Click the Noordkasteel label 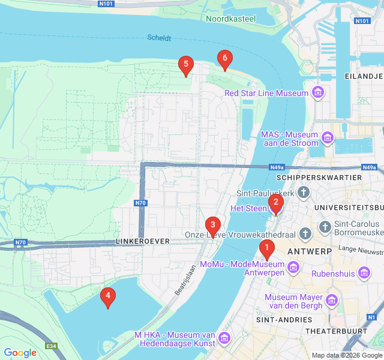pyautogui.click(x=232, y=19)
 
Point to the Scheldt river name pyautogui.click(x=159, y=38)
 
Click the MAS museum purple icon pyautogui.click(x=328, y=139)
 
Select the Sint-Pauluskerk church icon pyautogui.click(x=304, y=193)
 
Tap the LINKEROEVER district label pyautogui.click(x=142, y=241)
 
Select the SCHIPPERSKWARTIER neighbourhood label pyautogui.click(x=319, y=178)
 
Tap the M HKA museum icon pyautogui.click(x=225, y=339)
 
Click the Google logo pyautogui.click(x=20, y=353)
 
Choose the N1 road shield pyautogui.click(x=372, y=317)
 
